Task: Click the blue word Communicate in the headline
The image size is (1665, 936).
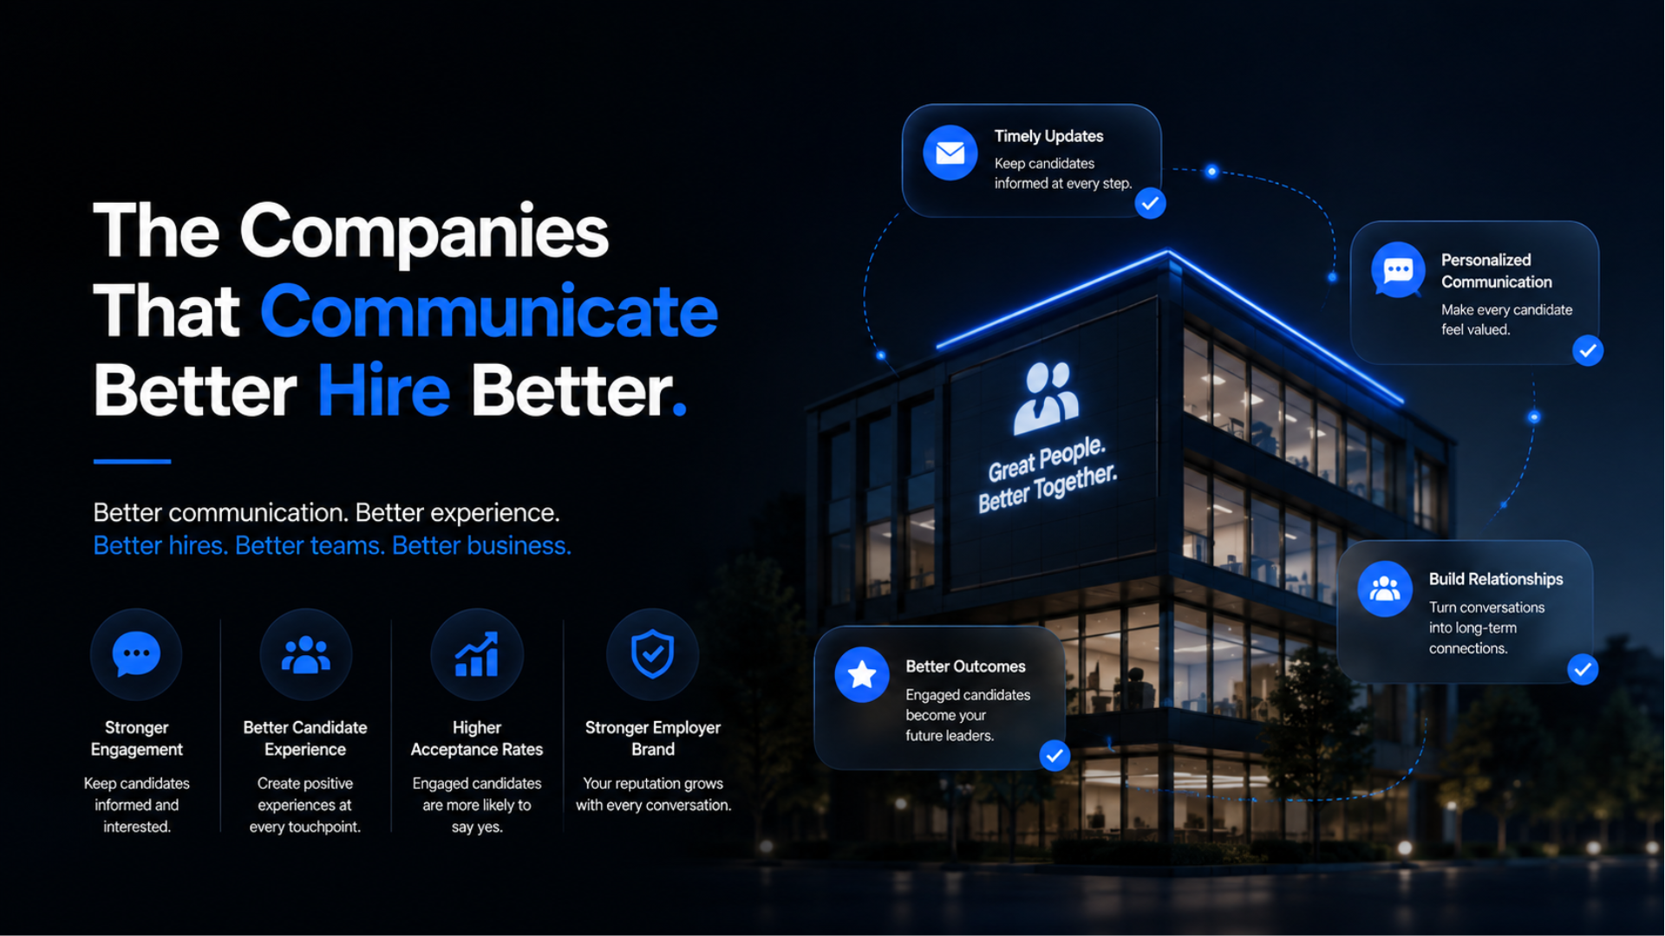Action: [x=488, y=311]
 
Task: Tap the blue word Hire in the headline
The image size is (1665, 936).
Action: [x=383, y=391]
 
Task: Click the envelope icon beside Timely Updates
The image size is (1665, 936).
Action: [x=950, y=153]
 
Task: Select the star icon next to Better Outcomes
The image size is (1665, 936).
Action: [x=862, y=674]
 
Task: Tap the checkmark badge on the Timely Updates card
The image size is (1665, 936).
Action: [x=1151, y=204]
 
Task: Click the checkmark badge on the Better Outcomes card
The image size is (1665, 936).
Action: [x=1054, y=756]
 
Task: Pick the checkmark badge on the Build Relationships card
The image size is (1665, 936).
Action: [x=1583, y=669]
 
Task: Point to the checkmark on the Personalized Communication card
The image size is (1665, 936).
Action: [x=1588, y=351]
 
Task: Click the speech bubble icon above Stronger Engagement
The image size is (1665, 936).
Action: [x=136, y=654]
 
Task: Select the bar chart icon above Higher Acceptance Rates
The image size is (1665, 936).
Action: [x=477, y=654]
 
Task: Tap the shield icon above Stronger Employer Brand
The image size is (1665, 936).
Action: [x=652, y=654]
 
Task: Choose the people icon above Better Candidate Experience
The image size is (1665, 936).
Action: [x=305, y=655]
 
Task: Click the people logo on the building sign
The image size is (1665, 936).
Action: [x=1047, y=398]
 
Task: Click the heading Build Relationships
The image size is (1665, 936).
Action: [x=1496, y=579]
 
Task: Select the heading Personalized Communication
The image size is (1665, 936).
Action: [x=1497, y=271]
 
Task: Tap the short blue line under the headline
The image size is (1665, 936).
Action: [x=132, y=461]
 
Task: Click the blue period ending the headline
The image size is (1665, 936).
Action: [x=679, y=410]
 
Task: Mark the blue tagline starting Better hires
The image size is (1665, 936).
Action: [x=332, y=546]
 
